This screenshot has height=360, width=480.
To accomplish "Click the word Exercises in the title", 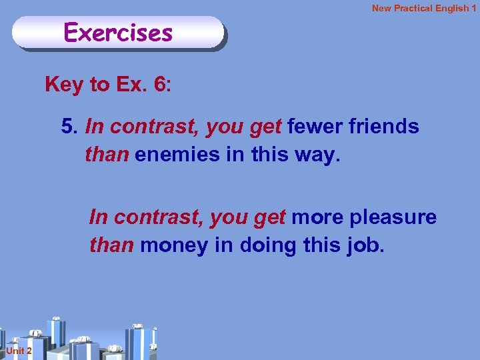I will coord(118,31).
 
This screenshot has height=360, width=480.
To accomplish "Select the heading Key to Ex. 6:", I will coord(108,85).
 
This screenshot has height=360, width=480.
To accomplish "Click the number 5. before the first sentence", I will coord(70,126).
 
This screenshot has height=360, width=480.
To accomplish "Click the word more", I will coord(315,217).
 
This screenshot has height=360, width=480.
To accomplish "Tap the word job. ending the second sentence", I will coord(366,245).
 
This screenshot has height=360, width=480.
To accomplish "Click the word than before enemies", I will coord(107,154).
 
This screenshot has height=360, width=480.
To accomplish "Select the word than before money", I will coord(112,245).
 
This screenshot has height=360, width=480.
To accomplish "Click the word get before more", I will coord(271,217).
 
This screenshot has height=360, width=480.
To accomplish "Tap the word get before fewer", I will coord(267,126).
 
